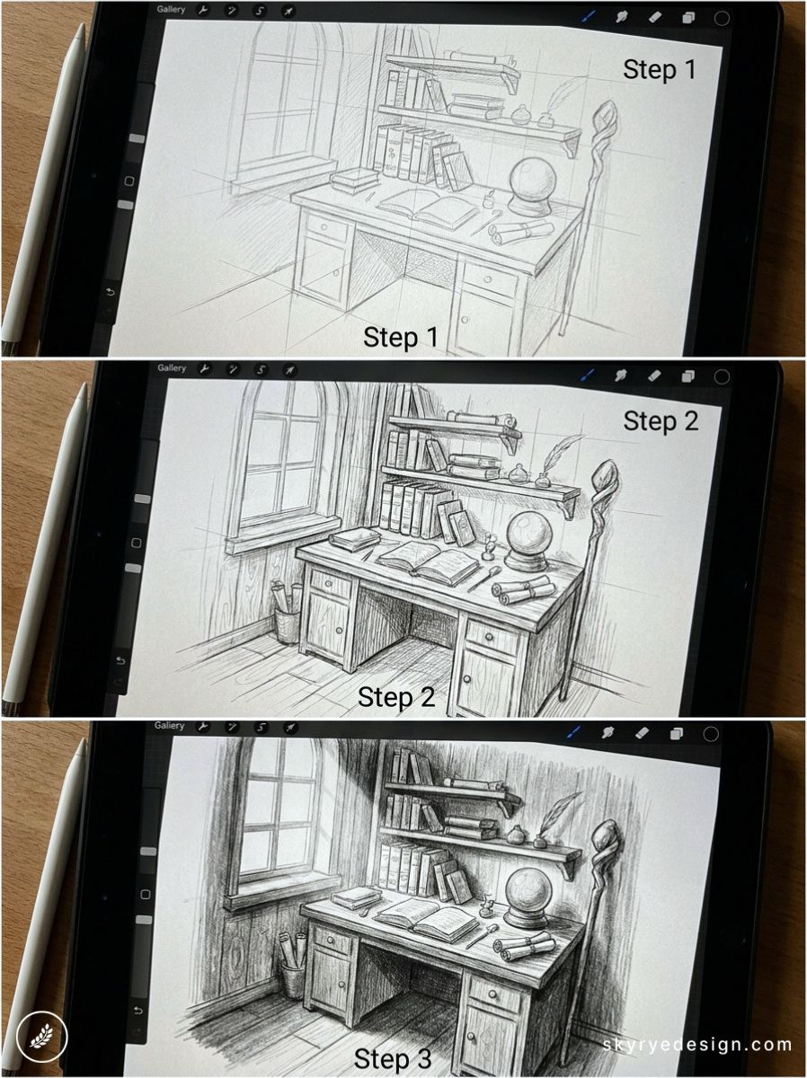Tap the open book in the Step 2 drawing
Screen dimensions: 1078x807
(428, 562)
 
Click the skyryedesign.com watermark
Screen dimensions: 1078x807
(697, 1045)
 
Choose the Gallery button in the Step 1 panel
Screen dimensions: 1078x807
(172, 11)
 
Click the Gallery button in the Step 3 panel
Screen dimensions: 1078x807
(169, 726)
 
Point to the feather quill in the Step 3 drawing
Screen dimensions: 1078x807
(565, 808)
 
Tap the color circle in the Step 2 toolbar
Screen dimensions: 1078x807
(721, 376)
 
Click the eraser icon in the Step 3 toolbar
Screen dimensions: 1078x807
(643, 733)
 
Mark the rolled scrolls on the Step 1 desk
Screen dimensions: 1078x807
(519, 232)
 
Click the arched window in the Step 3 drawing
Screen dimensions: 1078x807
(274, 817)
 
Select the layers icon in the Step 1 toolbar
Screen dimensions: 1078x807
(689, 17)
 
